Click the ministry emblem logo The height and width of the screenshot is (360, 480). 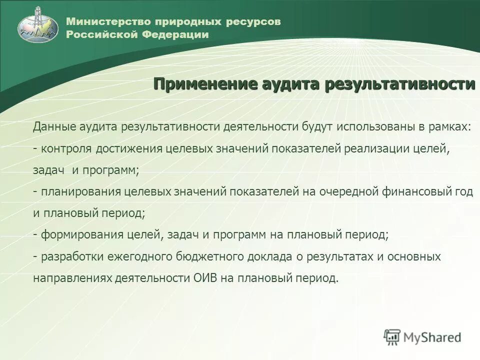tap(38, 24)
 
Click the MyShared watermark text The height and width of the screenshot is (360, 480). tap(432, 337)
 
